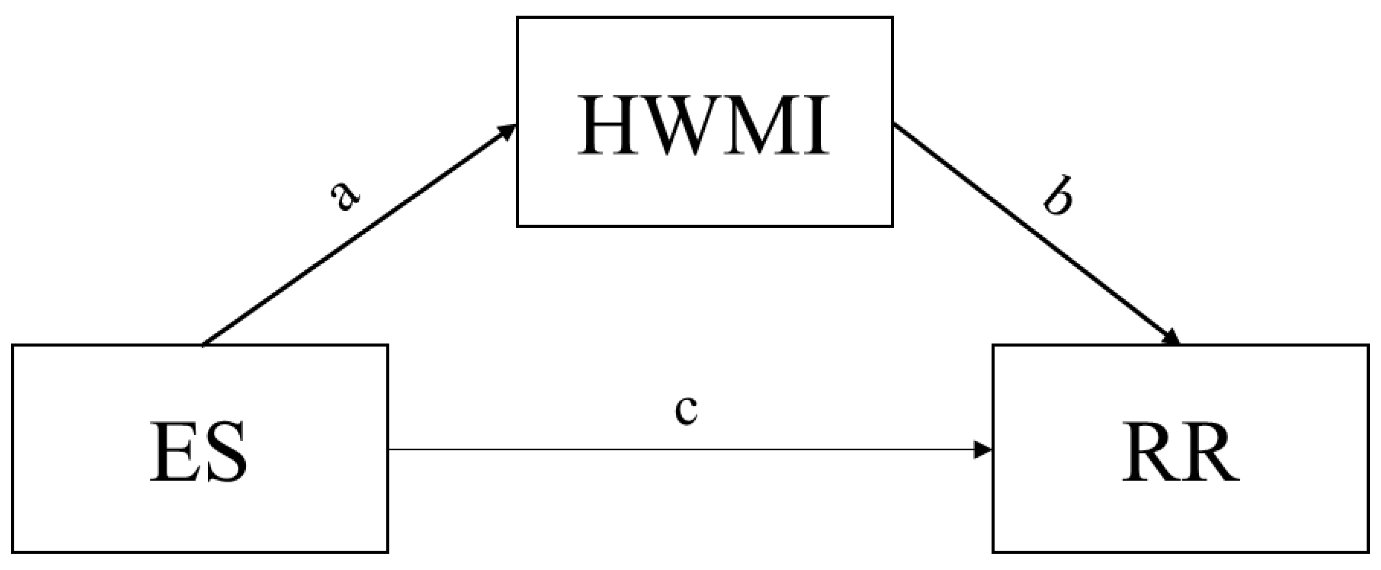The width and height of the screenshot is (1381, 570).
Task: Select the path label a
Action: pyautogui.click(x=345, y=197)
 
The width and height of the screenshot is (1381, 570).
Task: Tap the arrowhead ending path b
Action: pyautogui.click(x=1171, y=337)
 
